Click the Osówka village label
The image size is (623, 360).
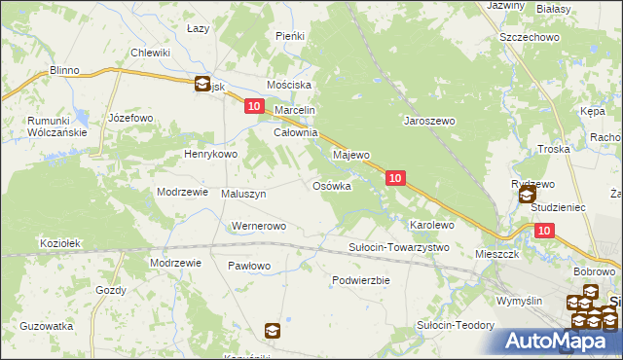point(331,186)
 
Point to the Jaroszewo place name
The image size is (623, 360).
point(430,122)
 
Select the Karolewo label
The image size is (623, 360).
point(432,225)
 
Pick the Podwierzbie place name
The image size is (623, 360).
point(360,279)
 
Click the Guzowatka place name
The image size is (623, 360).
point(47,326)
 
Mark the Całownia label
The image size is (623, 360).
point(296,132)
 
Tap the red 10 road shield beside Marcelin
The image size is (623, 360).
point(254,107)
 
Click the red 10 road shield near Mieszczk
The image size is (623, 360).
point(544,231)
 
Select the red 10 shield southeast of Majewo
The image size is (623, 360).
point(395,178)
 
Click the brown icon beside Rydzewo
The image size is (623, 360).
point(527,196)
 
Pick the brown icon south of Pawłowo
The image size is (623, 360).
point(273,331)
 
